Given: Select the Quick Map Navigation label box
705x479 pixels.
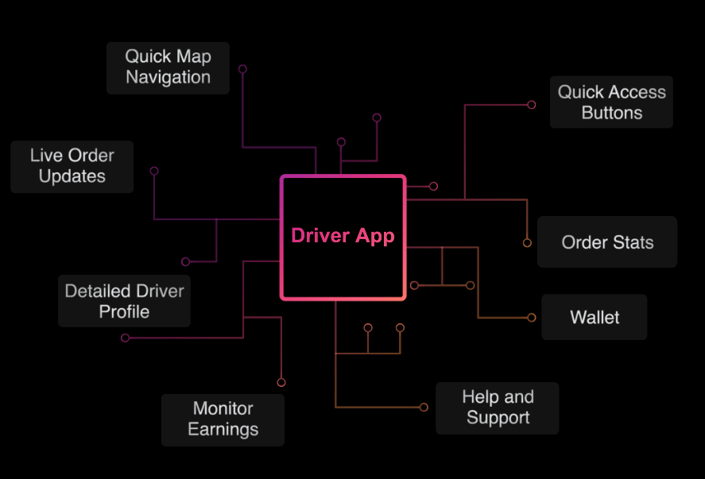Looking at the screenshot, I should coord(168,68).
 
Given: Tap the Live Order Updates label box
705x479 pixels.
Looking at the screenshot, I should coord(72,167).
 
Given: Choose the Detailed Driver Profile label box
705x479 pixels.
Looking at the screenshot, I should coord(124,301).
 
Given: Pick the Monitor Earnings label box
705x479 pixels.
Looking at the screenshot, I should coord(223,419).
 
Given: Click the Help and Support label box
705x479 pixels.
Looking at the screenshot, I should coord(497,408).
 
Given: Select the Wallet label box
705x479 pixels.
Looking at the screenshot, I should coord(594,317).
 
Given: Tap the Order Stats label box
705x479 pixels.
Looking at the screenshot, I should coord(607,242).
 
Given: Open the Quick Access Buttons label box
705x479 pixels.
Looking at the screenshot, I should coord(611,102).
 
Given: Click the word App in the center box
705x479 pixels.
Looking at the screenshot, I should coord(374,236).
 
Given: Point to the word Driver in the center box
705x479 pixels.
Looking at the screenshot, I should coord(320,236).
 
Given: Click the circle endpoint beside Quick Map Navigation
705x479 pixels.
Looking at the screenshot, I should coord(242,69).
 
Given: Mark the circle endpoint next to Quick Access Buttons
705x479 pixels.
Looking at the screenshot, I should coord(532,104).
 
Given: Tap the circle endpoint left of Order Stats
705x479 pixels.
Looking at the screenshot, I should coord(526,243).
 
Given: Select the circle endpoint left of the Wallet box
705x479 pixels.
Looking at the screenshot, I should coord(532,318).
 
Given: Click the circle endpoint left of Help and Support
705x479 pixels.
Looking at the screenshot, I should coord(424,408).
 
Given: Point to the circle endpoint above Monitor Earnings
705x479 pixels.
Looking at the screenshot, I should coord(281,383).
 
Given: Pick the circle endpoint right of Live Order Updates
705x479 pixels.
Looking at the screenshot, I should coord(154,171).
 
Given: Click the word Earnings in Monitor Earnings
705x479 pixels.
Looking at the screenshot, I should coord(223,430).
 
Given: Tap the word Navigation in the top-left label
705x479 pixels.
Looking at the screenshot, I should coord(168,78).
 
